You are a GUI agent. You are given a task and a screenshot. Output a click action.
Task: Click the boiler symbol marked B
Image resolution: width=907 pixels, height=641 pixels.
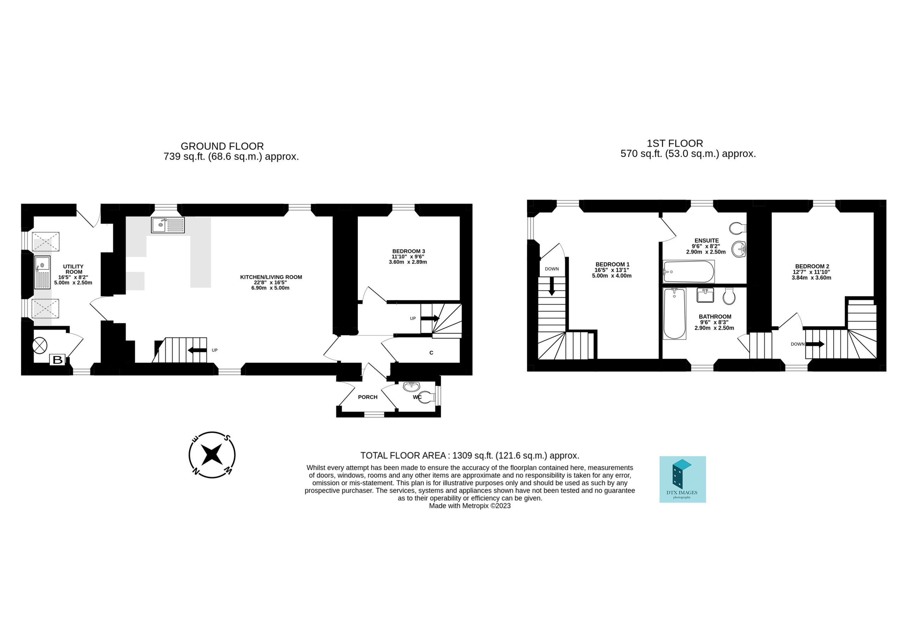pyautogui.click(x=58, y=360)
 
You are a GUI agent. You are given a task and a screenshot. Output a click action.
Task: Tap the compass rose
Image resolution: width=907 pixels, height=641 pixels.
pyautogui.click(x=212, y=455)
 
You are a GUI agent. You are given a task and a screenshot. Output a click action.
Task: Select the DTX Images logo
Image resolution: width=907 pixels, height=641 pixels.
pyautogui.click(x=682, y=480)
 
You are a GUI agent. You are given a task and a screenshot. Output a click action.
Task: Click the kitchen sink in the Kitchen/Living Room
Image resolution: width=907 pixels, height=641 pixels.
pyautogui.click(x=168, y=225)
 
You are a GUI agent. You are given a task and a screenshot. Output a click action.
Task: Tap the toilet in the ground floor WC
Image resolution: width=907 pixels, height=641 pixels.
pyautogui.click(x=425, y=398)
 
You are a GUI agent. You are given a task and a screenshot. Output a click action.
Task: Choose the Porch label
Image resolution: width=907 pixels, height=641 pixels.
pyautogui.click(x=368, y=397)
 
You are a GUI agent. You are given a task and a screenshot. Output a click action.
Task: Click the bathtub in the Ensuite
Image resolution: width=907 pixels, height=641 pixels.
pyautogui.click(x=688, y=272)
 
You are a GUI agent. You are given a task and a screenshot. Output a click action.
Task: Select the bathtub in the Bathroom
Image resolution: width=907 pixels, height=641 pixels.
pyautogui.click(x=675, y=313)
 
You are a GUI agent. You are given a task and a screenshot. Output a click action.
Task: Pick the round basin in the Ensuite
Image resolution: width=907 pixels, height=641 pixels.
pyautogui.click(x=739, y=249)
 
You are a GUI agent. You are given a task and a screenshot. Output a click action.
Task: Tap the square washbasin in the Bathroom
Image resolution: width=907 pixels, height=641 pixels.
pyautogui.click(x=705, y=295)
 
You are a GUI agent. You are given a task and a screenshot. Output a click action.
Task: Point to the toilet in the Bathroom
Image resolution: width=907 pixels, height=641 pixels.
pyautogui.click(x=729, y=296)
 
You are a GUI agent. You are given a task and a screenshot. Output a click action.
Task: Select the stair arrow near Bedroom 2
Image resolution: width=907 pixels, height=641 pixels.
pyautogui.click(x=815, y=344)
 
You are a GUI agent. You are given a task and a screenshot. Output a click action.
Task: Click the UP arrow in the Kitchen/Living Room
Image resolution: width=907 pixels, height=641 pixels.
pyautogui.click(x=197, y=350)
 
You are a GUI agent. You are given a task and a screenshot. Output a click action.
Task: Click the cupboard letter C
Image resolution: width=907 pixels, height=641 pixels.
pyautogui.click(x=432, y=353)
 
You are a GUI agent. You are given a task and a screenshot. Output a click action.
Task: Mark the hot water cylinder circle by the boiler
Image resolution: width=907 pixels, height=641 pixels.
pyautogui.click(x=40, y=346)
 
